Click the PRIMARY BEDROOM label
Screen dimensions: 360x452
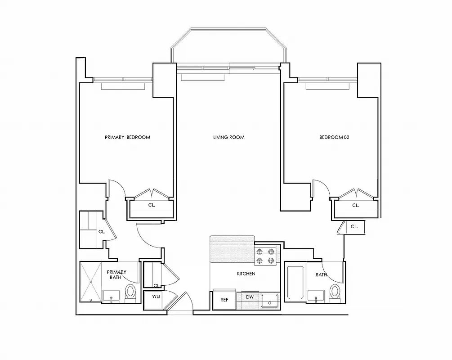click(127, 137)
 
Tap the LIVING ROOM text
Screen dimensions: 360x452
click(228, 137)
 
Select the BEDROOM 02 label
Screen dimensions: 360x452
click(334, 137)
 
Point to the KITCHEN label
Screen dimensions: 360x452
click(246, 274)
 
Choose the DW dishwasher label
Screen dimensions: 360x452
click(250, 297)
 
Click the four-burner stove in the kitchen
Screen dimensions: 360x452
click(265, 256)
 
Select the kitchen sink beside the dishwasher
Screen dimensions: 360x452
click(270, 300)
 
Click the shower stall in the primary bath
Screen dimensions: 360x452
click(91, 282)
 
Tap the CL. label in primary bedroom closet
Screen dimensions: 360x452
click(152, 205)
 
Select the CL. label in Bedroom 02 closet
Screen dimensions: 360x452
click(355, 205)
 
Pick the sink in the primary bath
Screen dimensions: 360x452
click(111, 297)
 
